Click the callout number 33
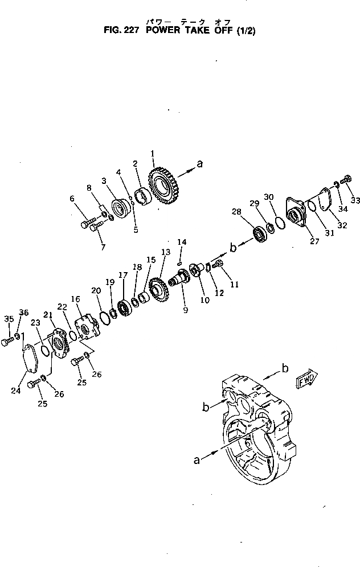click(x=355, y=200)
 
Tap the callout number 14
click(x=181, y=242)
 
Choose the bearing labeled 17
click(x=124, y=307)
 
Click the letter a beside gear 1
click(x=199, y=164)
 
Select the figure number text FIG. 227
click(x=121, y=32)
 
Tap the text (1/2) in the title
click(x=244, y=32)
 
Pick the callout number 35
click(x=7, y=318)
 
